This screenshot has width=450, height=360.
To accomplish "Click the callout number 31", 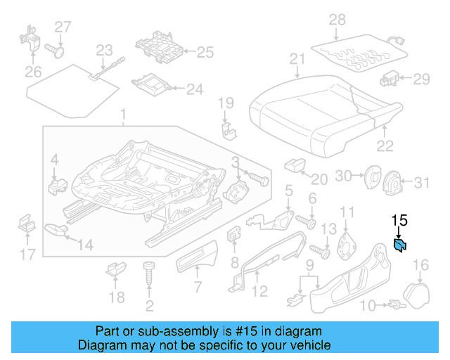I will click(x=420, y=184).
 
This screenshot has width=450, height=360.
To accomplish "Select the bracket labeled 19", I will click(x=227, y=129).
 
